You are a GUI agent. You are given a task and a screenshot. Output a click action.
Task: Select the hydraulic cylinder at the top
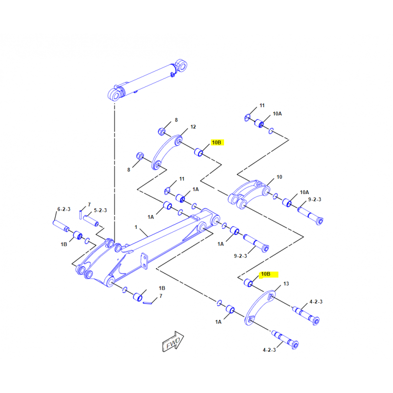(x=147, y=80)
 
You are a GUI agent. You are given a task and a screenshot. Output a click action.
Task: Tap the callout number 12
(x=193, y=127)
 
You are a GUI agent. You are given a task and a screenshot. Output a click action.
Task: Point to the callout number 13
(x=286, y=284)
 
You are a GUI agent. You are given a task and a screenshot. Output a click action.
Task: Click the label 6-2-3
(x=63, y=209)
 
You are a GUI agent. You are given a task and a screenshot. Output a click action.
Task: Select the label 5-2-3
(x=100, y=210)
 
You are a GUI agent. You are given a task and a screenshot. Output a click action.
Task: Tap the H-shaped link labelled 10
(x=250, y=193)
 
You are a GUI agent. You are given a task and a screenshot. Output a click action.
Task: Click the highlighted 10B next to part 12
(x=217, y=142)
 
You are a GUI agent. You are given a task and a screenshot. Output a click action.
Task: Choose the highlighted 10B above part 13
(x=269, y=274)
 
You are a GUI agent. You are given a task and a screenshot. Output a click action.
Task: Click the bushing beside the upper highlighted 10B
(x=199, y=152)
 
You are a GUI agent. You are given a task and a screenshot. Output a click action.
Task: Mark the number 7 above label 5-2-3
(x=89, y=204)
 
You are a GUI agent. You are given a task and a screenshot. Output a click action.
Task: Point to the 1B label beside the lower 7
(x=162, y=287)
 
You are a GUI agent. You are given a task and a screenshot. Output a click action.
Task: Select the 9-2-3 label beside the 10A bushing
(x=314, y=199)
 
